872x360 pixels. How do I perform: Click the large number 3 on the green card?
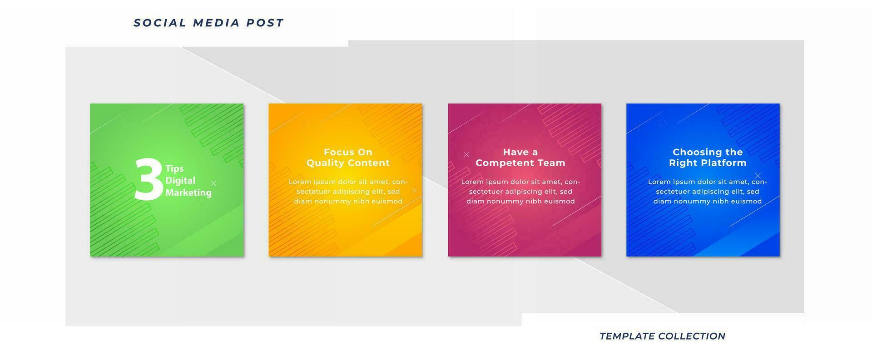point(149,179)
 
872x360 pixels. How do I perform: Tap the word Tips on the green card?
point(174,168)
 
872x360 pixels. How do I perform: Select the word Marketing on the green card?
point(188,192)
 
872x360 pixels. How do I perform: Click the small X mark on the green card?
point(213,183)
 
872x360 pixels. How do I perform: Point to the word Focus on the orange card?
point(337,152)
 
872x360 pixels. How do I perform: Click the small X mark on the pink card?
point(466,154)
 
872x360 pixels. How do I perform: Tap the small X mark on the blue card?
point(758,176)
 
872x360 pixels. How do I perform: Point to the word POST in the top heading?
point(265,23)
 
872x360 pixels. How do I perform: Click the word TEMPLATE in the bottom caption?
point(626,336)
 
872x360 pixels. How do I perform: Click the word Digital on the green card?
point(180,181)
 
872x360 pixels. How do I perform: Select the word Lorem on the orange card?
point(300,182)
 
